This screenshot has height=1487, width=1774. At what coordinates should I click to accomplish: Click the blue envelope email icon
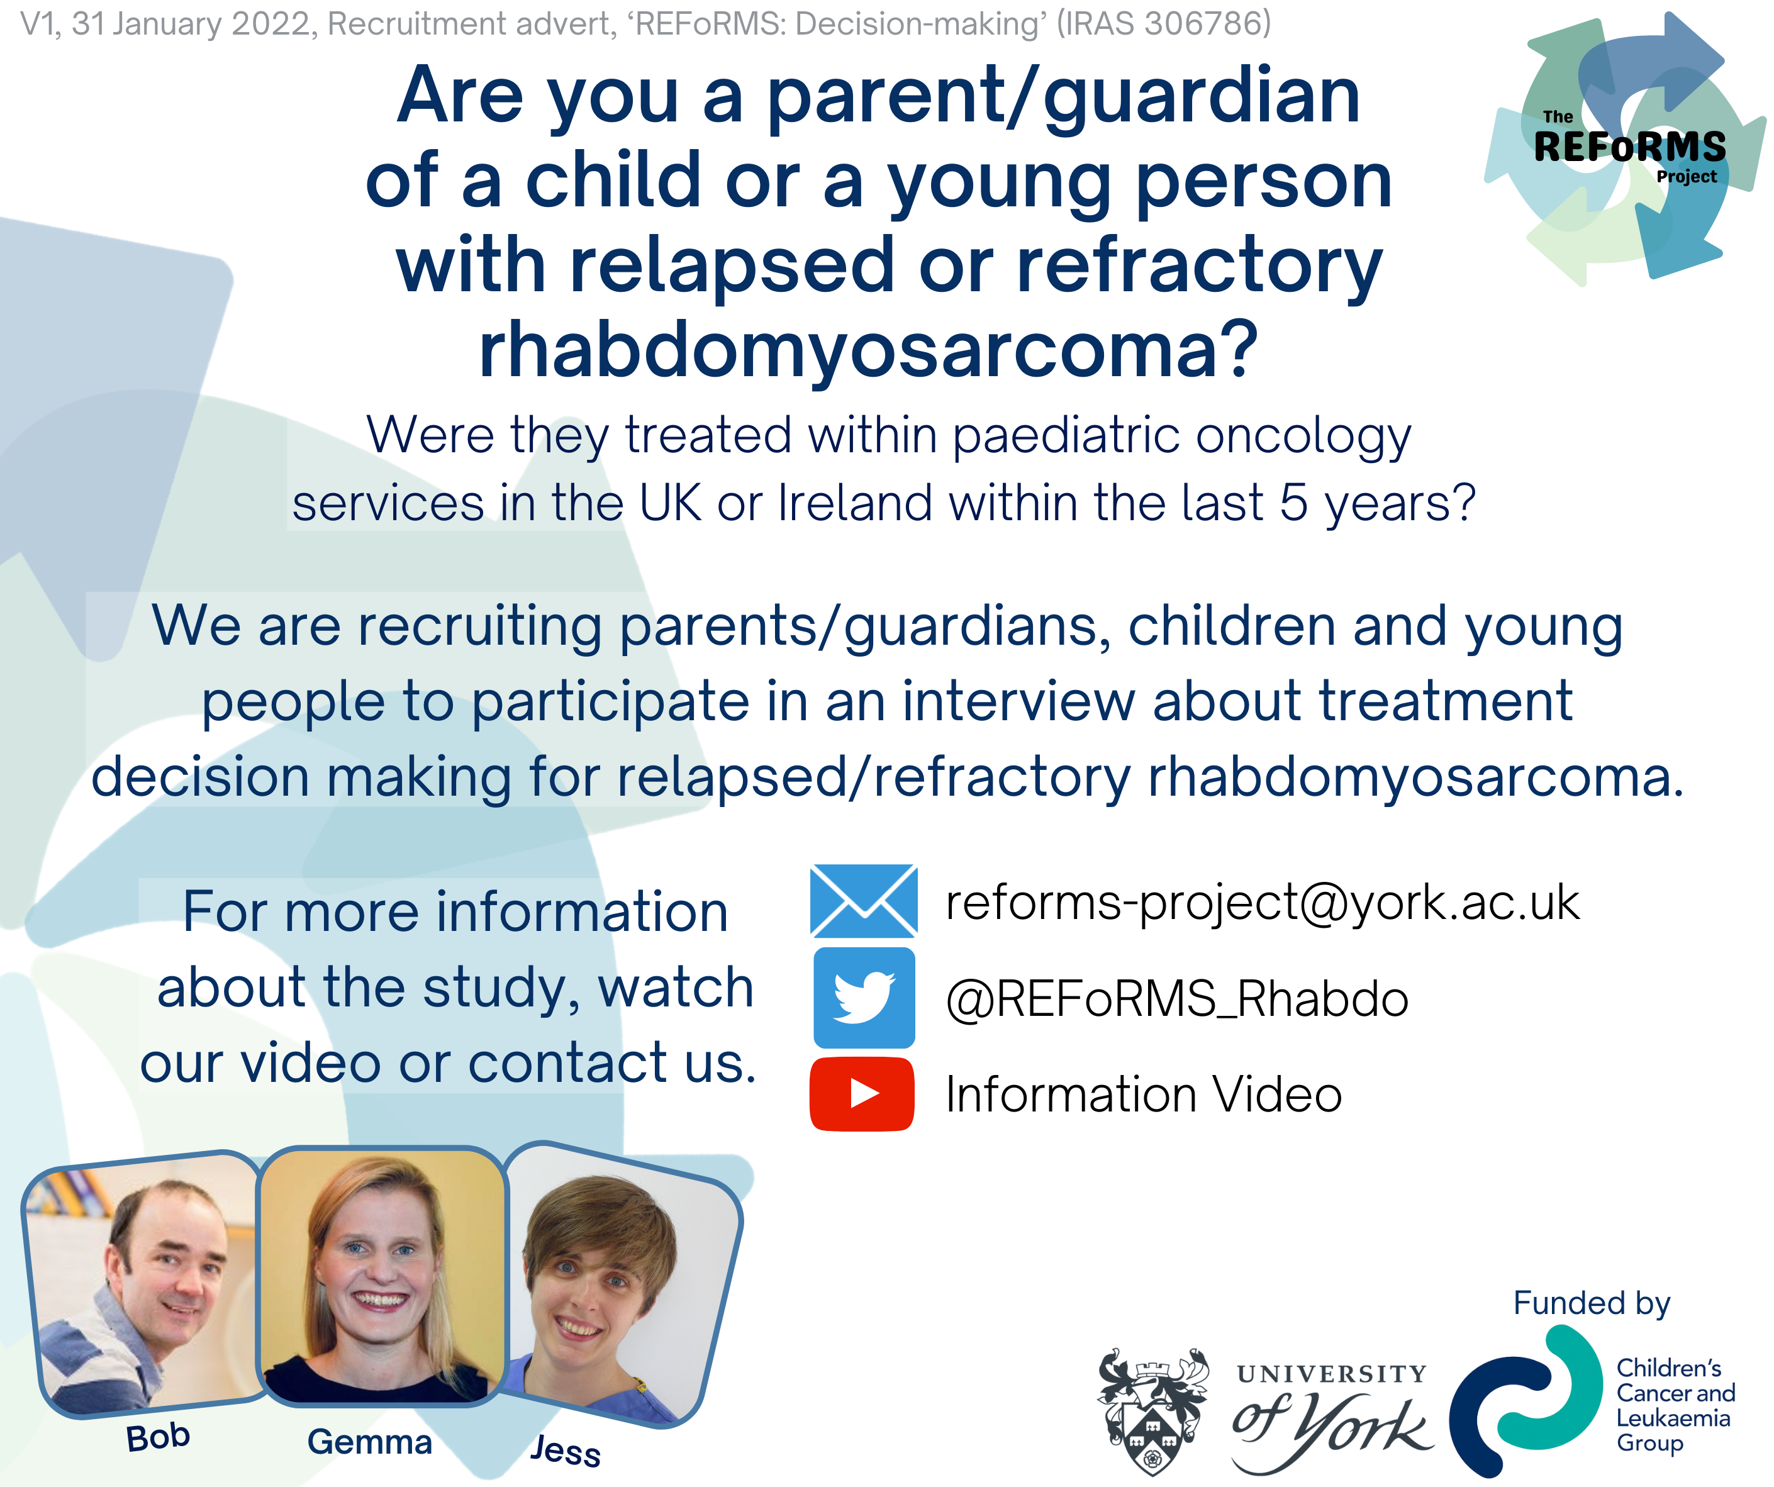[x=863, y=901]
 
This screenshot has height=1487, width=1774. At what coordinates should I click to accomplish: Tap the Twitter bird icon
[x=863, y=998]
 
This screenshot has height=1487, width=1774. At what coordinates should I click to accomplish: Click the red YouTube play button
[x=862, y=1093]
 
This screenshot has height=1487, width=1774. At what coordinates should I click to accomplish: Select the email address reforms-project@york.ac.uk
[x=1262, y=903]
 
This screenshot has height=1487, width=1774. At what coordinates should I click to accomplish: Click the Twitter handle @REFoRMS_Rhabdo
[x=1177, y=999]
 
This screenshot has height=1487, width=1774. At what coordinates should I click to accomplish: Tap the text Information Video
[x=1144, y=1094]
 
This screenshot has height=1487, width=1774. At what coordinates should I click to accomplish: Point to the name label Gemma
[x=369, y=1441]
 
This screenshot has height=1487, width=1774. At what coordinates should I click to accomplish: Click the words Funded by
[x=1592, y=1303]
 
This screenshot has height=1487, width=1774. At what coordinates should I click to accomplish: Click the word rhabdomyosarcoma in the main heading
[x=868, y=350]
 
